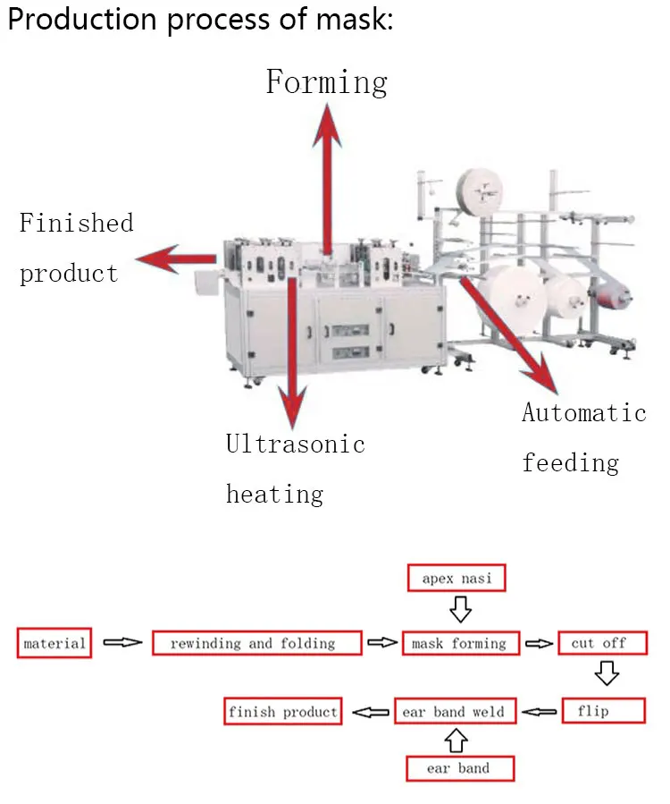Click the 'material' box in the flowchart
pos(54,643)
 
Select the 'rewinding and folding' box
pos(256,643)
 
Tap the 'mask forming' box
pos(459,643)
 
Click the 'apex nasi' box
pos(456,579)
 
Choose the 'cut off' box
pos(599,643)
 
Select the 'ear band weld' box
pos(454,712)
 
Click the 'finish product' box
pos(283,712)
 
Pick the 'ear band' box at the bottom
pos(459,768)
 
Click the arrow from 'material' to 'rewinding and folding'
pos(122,643)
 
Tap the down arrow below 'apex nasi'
pos(459,610)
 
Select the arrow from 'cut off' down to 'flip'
pos(607,673)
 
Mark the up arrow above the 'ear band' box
pos(456,740)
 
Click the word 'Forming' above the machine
pos(326,82)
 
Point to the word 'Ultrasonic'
pos(295,444)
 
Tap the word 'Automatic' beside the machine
pos(583,413)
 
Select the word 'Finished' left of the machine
pos(76,223)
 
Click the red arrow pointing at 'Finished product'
pos(175,260)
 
